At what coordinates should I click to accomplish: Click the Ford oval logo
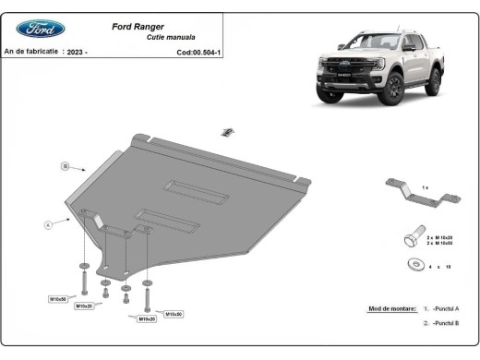(x=41, y=29)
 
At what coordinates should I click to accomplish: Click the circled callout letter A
(x=46, y=224)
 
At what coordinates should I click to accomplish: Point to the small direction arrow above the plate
(x=224, y=133)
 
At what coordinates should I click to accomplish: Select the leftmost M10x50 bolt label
(x=58, y=299)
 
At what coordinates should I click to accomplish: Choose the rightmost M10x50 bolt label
(x=174, y=314)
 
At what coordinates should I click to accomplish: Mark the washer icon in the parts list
(x=411, y=266)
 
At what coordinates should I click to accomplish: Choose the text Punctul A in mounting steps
(x=445, y=307)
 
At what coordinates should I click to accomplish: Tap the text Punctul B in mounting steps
(x=445, y=324)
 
